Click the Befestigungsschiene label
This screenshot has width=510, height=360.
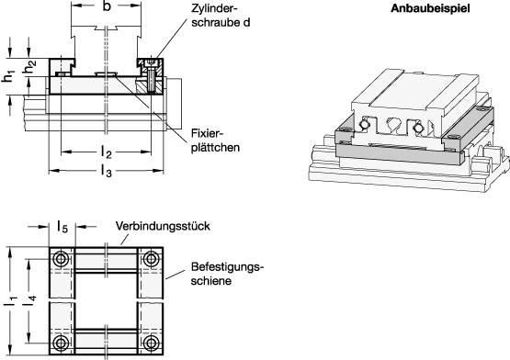227,274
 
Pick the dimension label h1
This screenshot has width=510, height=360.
9,78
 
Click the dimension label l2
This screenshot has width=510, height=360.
106,150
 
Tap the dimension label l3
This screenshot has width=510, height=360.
106,172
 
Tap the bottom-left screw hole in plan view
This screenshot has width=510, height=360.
61,344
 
